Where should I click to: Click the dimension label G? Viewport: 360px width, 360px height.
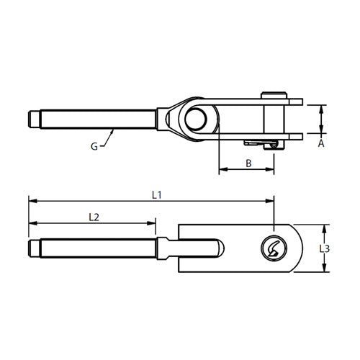94,146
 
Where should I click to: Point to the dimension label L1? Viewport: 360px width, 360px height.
156,194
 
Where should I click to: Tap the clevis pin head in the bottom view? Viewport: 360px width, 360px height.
273,248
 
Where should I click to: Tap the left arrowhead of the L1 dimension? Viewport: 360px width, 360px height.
30,201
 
